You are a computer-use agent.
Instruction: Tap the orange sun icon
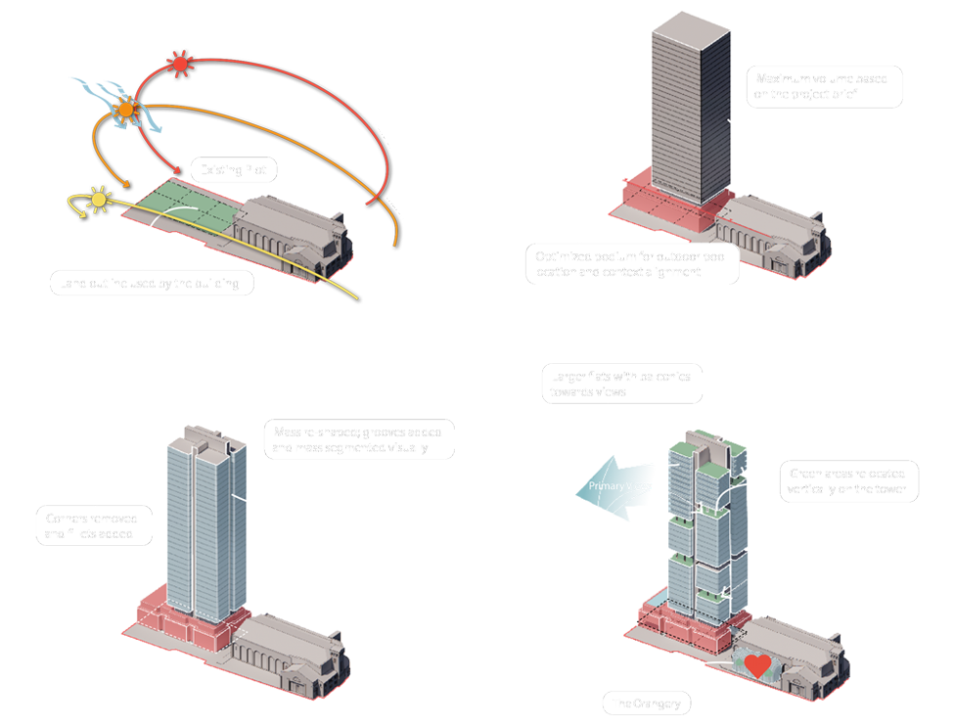125,110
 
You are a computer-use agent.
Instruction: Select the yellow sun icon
98,200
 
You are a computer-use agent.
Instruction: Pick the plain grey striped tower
690,108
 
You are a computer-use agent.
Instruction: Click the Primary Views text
614,486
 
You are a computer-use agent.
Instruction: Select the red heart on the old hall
755,666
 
